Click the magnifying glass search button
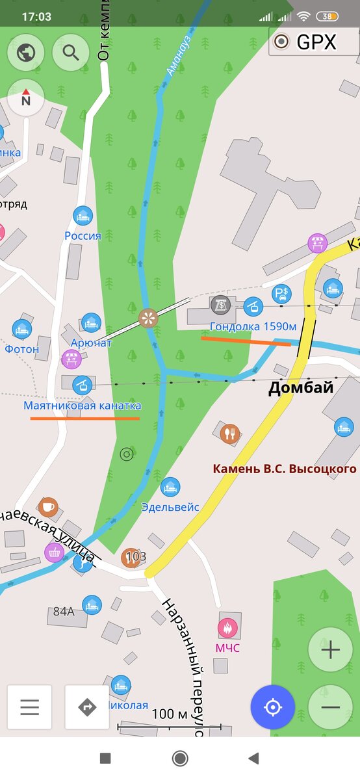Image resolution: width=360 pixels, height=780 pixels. tap(71, 53)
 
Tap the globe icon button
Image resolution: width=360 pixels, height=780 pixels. tap(26, 53)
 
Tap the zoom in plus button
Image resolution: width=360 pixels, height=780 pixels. tap(330, 649)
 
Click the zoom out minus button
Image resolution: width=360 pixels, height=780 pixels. tap(330, 707)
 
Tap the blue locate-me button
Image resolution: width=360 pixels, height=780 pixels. tap(273, 707)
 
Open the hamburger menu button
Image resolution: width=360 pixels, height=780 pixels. tap(30, 707)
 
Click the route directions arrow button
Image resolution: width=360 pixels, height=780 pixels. tap(87, 707)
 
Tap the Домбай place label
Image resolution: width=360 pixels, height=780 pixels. tap(301, 389)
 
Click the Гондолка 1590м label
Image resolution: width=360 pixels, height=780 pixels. tap(253, 326)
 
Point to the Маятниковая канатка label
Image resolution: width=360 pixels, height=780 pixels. tap(83, 406)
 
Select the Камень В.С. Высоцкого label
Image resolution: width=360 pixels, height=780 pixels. tap(285, 469)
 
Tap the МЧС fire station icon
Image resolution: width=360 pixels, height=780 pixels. tap(227, 628)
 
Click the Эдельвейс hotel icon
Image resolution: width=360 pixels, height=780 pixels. tap(170, 487)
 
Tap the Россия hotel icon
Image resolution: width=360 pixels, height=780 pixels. tap(83, 215)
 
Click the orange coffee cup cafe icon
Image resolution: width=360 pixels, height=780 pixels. tap(47, 506)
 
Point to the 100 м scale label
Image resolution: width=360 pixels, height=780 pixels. tap(169, 714)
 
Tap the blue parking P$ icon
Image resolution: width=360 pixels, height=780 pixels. tap(281, 294)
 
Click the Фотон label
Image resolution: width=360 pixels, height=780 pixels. tap(22, 349)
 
